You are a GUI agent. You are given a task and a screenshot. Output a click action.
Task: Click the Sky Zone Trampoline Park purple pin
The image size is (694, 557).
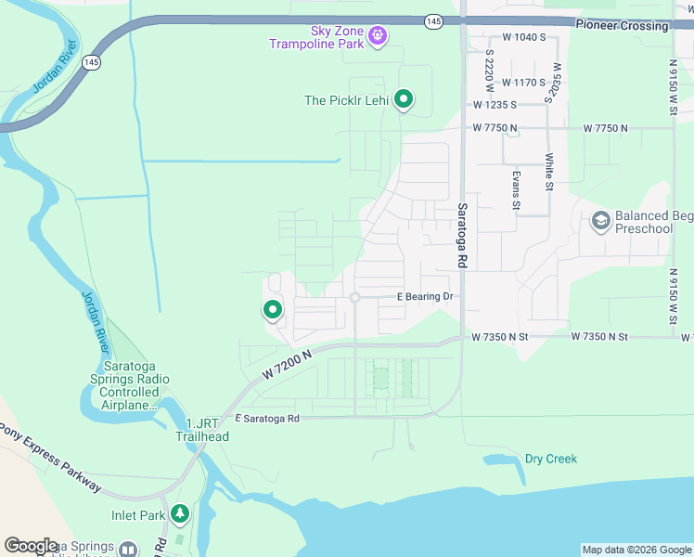click(x=378, y=36)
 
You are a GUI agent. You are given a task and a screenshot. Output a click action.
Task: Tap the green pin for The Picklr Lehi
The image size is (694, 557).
click(x=404, y=98)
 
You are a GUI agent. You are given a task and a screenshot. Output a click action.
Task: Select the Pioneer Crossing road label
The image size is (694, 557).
click(x=622, y=26)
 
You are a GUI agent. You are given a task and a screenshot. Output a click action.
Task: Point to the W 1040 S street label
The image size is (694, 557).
click(x=524, y=38)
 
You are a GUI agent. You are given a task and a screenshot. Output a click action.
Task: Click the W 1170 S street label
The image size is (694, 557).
click(x=524, y=82)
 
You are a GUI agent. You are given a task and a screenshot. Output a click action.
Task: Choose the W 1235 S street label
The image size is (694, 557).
click(x=494, y=106)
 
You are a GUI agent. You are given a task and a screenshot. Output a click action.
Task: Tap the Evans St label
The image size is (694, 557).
click(x=516, y=188)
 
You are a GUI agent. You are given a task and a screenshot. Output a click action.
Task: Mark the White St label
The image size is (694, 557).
click(x=549, y=172)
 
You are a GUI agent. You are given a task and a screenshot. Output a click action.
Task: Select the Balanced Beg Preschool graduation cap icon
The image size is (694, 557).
click(x=600, y=220)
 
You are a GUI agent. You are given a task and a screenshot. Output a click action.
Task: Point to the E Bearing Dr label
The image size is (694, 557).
click(x=424, y=297)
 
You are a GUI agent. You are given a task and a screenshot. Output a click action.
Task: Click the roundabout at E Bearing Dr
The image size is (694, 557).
click(x=355, y=297)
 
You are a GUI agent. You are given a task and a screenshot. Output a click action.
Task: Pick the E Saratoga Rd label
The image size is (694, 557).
click(x=267, y=419)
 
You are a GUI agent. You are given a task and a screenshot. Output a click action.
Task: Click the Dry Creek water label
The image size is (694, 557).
click(x=551, y=459)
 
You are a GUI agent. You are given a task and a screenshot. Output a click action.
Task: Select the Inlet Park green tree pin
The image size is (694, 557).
click(x=179, y=512)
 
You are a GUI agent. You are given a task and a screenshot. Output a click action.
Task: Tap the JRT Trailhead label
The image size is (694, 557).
click(x=200, y=430)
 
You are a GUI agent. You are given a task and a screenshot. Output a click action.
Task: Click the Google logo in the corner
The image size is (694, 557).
click(x=31, y=546)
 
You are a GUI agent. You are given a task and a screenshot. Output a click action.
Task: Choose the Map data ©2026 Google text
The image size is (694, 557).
click(x=636, y=550)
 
